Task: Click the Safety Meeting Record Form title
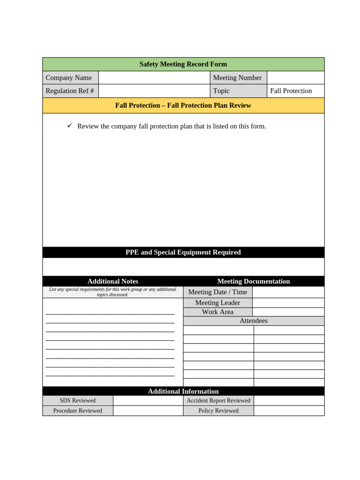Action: (183, 64)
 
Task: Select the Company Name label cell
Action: (70, 78)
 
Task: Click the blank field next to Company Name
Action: (154, 78)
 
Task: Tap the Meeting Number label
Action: (238, 78)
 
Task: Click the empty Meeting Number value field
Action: (295, 78)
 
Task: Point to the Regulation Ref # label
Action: (70, 91)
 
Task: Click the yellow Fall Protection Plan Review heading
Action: (183, 105)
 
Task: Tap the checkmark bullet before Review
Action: (70, 126)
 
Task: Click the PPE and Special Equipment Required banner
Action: (183, 252)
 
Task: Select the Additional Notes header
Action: (112, 281)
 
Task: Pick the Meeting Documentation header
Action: (254, 281)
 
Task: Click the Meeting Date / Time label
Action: (217, 292)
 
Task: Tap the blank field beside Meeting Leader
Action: (288, 303)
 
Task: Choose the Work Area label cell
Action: (217, 312)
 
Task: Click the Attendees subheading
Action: (254, 321)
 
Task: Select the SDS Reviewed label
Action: (78, 400)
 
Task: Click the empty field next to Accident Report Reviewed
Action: (289, 400)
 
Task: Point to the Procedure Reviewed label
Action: (78, 411)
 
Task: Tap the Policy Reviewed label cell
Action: (218, 411)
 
